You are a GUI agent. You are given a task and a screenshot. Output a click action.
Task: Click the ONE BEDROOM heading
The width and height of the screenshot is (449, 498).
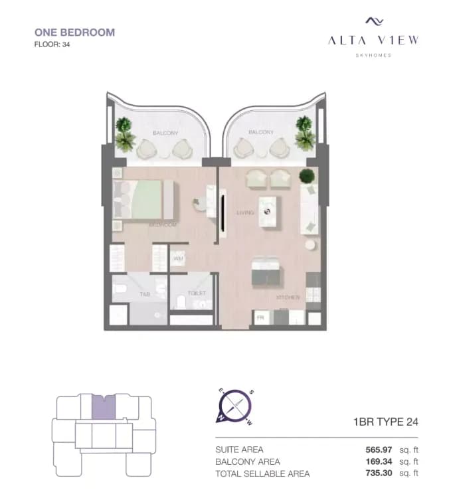point(74,32)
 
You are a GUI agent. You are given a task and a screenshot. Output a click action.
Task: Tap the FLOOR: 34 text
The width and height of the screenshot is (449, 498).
point(52,45)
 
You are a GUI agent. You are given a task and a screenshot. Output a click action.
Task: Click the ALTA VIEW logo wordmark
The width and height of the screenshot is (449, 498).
point(373,40)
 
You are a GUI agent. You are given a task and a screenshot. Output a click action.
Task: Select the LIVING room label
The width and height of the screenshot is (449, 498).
point(246,213)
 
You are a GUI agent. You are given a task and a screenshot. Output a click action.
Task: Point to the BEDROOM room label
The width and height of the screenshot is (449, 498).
point(163,225)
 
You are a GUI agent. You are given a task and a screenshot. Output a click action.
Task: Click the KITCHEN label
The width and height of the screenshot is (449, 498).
point(289,297)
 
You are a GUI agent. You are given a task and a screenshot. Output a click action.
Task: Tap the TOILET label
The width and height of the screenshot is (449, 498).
point(197,293)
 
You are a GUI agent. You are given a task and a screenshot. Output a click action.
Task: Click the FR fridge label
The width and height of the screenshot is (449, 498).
point(261,318)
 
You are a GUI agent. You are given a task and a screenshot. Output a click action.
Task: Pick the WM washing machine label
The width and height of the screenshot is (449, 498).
point(179,258)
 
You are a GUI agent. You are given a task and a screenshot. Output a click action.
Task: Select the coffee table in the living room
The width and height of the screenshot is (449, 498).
point(268,212)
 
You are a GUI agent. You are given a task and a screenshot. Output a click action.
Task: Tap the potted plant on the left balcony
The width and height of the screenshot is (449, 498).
point(124,135)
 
